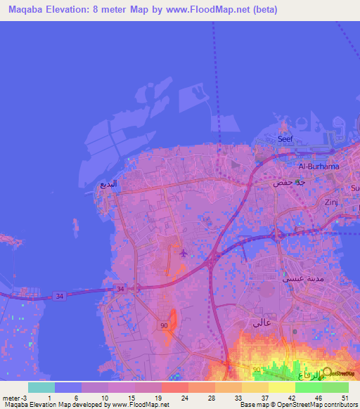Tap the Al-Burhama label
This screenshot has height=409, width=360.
click(x=319, y=167)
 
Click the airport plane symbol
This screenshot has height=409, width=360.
click(x=184, y=252)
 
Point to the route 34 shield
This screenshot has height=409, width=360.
click(x=60, y=297)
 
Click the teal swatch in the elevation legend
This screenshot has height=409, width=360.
click(x=41, y=387)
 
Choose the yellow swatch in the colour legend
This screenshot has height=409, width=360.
click(x=281, y=387)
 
